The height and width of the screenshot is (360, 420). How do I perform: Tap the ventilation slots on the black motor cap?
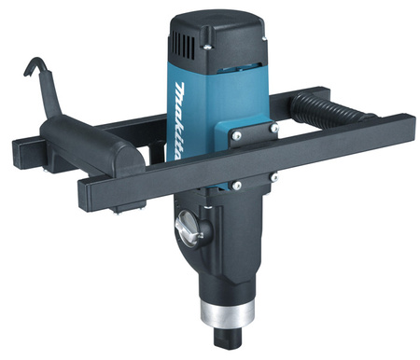183,44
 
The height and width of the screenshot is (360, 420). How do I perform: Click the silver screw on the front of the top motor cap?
207,47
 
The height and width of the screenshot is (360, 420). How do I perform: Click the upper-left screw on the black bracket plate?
237,135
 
